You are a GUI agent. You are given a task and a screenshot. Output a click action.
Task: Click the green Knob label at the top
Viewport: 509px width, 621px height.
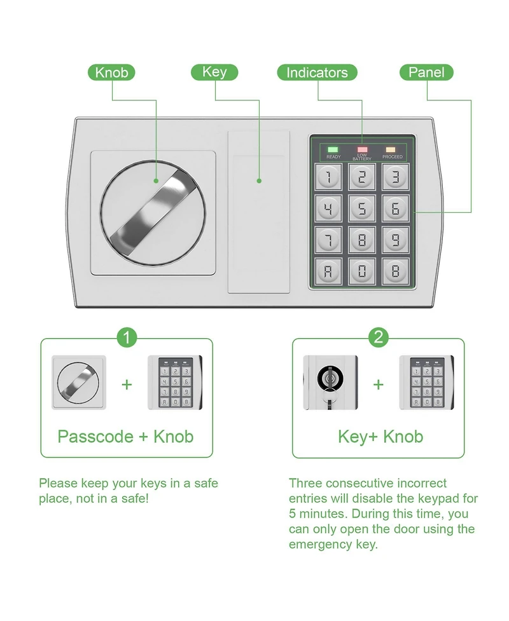(x=111, y=72)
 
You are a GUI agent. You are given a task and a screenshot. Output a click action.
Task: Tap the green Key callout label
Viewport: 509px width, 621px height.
(x=214, y=72)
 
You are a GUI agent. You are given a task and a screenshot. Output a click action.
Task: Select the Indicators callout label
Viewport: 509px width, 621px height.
(x=317, y=72)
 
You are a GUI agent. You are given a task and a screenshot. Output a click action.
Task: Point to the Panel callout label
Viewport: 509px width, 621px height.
(x=426, y=72)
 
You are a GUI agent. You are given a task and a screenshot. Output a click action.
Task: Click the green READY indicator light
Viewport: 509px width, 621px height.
(x=333, y=149)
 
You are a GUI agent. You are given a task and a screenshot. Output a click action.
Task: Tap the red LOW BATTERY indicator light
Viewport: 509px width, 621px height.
(x=362, y=149)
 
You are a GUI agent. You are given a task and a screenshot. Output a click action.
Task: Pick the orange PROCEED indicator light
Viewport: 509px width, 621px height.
(x=391, y=149)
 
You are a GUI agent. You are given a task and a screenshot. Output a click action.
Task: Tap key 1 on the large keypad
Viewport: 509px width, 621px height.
(x=328, y=177)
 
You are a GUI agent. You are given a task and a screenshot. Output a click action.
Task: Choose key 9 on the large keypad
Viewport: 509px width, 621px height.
(x=395, y=240)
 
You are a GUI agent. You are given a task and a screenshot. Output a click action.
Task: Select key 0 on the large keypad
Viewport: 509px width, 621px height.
(x=362, y=271)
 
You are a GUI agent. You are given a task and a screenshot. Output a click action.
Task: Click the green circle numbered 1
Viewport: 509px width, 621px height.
(x=127, y=338)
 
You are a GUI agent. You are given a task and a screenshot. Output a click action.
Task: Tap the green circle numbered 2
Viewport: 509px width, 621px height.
(x=379, y=338)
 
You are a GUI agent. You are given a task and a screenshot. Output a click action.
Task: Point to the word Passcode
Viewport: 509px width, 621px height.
(x=95, y=437)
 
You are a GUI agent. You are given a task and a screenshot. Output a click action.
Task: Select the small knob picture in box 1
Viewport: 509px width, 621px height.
(x=79, y=383)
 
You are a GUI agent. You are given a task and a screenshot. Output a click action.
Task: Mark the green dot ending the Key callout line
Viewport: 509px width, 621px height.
(x=259, y=181)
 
